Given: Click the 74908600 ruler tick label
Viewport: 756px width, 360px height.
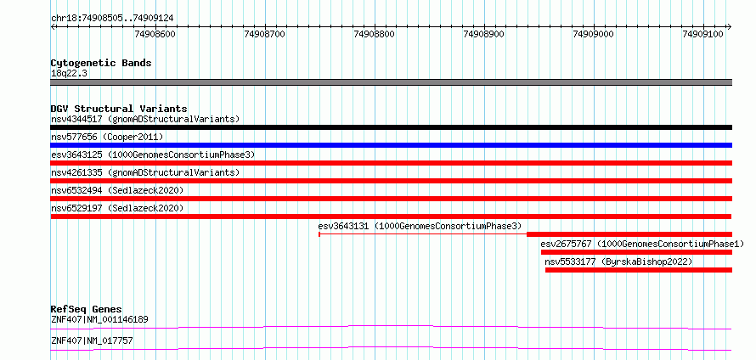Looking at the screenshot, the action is (155, 34).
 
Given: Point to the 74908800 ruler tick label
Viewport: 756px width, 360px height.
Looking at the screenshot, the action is (374, 34).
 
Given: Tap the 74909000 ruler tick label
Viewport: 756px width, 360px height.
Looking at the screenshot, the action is (593, 34).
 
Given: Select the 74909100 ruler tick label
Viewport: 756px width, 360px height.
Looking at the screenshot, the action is (702, 34).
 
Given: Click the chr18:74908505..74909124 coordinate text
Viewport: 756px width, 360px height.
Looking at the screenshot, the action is (112, 19).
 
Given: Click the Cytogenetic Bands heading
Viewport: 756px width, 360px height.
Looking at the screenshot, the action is (101, 63).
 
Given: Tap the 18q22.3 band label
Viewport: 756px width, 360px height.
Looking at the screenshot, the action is (70, 74).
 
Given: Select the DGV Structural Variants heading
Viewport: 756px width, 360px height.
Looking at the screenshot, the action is (119, 109).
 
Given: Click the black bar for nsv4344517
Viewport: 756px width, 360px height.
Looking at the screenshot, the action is (391, 127).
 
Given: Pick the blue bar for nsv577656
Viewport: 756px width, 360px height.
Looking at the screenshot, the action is (391, 145).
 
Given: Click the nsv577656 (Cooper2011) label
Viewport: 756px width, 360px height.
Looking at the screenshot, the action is (108, 137).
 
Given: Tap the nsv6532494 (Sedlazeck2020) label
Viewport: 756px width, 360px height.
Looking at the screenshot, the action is (117, 190).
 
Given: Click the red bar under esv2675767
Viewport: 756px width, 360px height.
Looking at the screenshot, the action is (636, 252).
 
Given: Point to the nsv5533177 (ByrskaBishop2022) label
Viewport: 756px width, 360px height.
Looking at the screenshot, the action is (618, 262).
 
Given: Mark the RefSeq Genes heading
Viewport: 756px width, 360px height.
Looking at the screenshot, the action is (87, 309).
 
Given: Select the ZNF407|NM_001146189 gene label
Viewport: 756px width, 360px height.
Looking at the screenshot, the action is (99, 319).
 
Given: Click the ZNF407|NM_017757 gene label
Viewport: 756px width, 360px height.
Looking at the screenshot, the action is (92, 340).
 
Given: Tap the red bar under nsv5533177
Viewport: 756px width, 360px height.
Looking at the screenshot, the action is (639, 270).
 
